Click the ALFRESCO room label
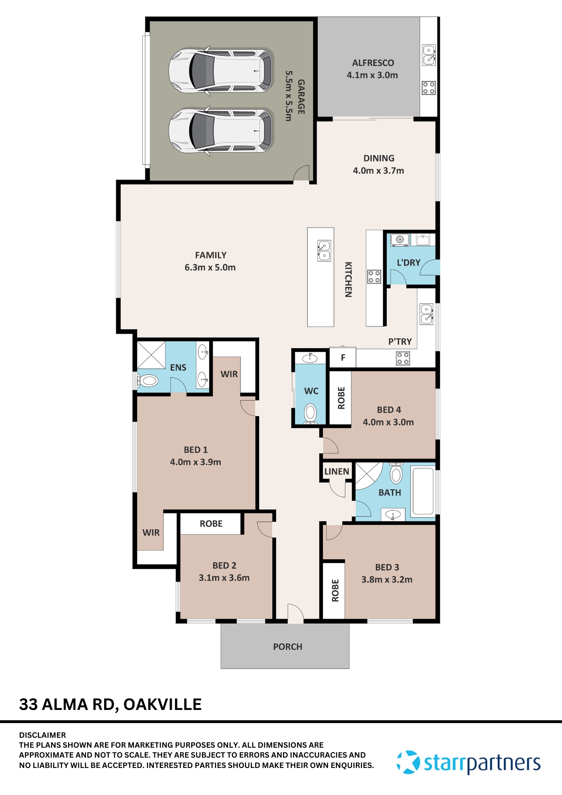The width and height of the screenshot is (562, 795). (373, 63)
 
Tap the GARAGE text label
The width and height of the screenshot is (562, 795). (301, 97)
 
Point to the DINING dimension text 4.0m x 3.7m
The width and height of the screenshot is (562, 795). (378, 171)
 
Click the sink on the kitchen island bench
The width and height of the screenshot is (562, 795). (324, 251)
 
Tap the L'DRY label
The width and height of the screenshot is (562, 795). (409, 263)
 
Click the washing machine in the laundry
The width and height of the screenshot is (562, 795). (400, 240)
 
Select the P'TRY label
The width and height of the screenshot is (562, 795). (400, 341)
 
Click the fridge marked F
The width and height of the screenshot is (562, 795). (343, 358)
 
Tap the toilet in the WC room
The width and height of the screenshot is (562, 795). (310, 413)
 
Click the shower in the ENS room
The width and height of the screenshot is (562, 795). (151, 355)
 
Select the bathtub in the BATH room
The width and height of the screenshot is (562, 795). (423, 491)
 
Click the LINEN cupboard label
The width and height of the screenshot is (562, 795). (337, 471)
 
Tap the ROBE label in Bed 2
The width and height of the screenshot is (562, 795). (211, 524)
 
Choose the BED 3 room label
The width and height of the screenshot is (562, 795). (387, 567)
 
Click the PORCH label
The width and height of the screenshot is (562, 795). (288, 647)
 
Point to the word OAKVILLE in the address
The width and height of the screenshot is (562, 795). (163, 704)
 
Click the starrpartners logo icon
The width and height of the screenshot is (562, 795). (408, 762)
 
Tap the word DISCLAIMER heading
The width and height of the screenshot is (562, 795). (43, 735)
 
